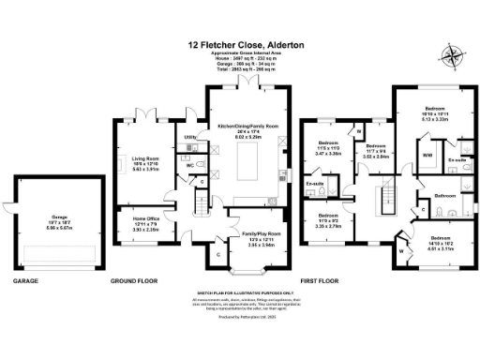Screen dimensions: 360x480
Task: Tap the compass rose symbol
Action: tap(454, 55)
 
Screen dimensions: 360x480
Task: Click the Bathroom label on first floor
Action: tap(444, 196)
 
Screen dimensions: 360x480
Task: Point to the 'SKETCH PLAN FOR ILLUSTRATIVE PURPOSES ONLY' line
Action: tap(249, 293)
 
